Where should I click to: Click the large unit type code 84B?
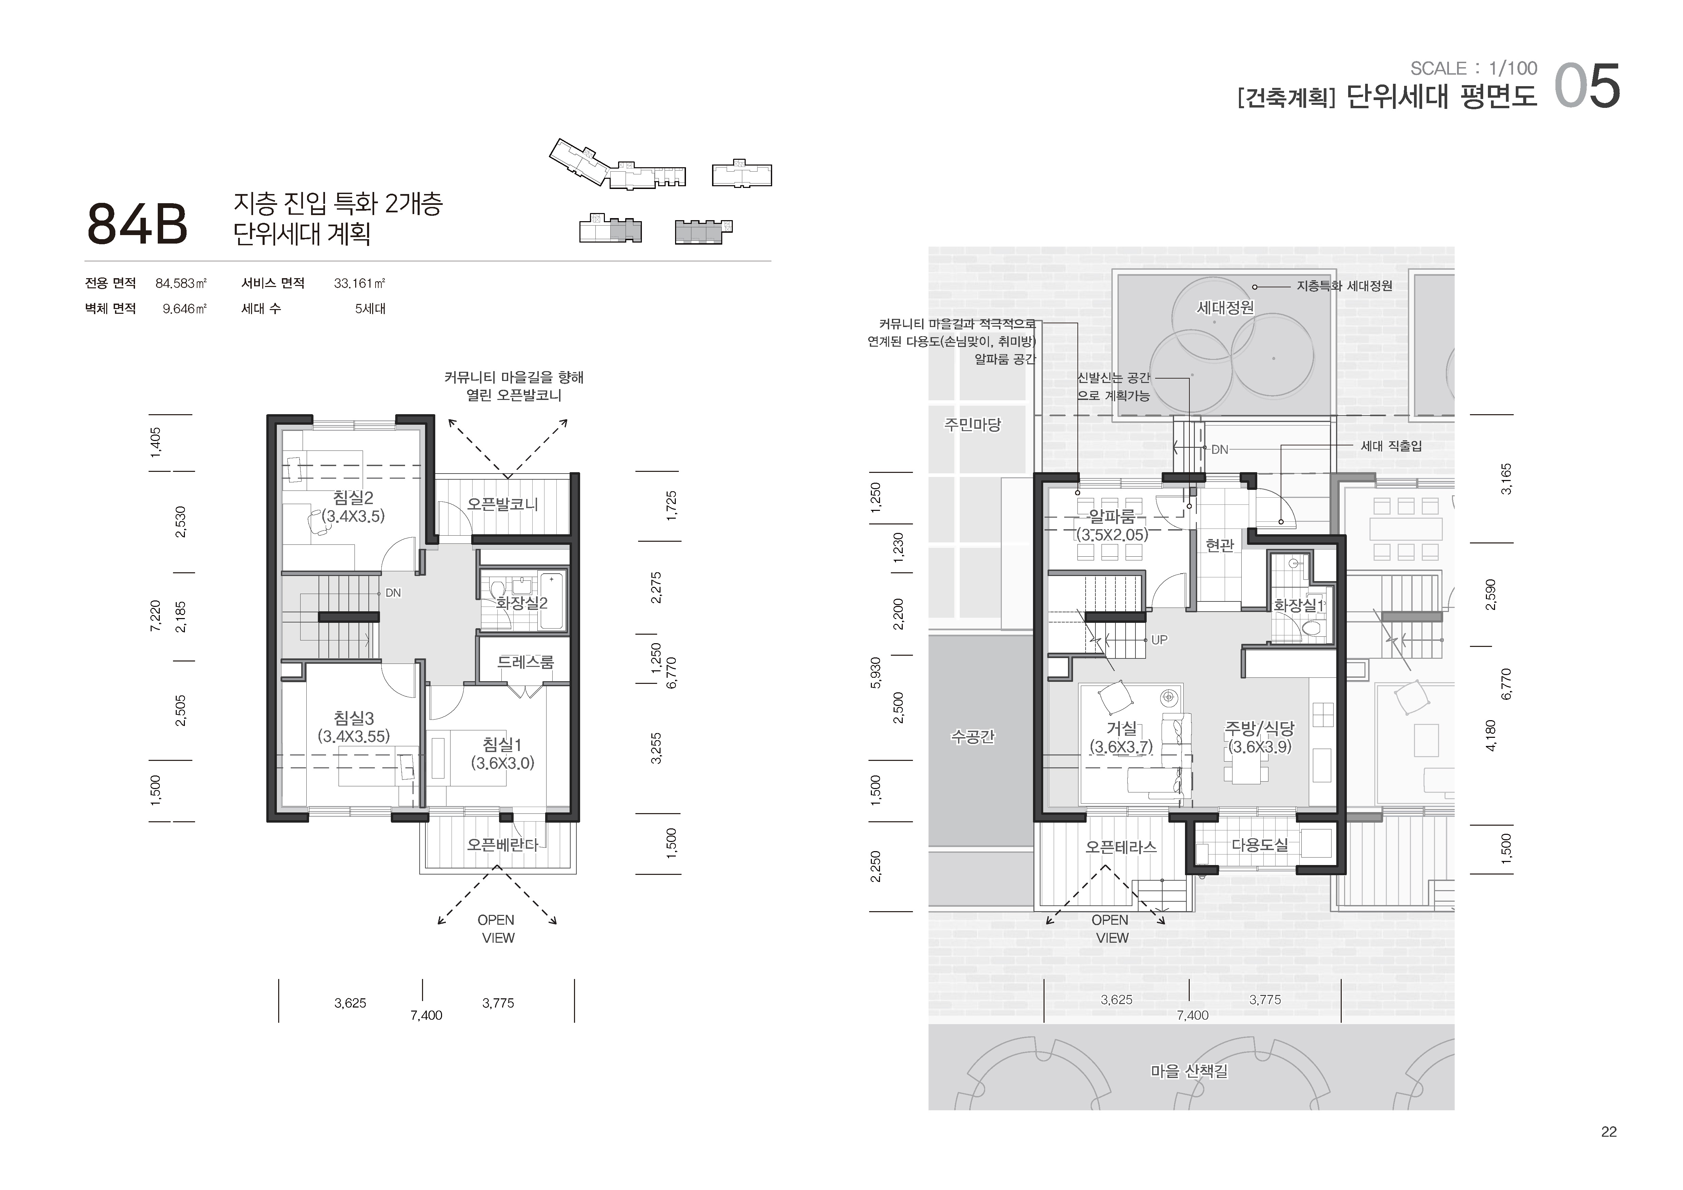pos(137,224)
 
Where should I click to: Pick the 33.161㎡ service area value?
pos(359,284)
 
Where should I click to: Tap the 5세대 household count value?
pos(370,308)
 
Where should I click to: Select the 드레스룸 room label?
pos(525,662)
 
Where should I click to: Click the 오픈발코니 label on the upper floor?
pos(503,504)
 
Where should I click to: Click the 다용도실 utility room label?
pos(1259,844)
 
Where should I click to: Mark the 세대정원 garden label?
pos(1225,308)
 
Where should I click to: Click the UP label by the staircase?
pos(1159,640)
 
